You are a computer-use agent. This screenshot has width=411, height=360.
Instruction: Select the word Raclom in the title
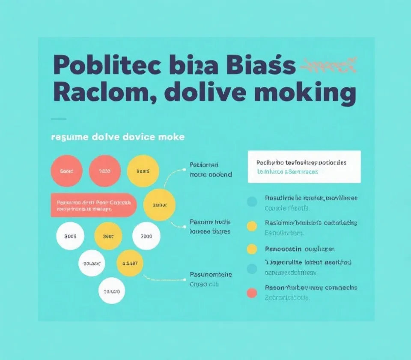[99, 93]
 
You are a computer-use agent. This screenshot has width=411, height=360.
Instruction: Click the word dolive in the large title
[202, 93]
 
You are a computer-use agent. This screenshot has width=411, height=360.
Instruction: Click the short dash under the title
[58, 119]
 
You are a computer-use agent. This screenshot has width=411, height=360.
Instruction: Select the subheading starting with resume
[118, 138]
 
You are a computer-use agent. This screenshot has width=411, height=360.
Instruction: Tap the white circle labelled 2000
[146, 236]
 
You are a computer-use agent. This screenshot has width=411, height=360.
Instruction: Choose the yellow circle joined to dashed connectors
[159, 204]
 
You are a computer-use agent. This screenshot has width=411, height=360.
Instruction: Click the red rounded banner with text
[93, 205]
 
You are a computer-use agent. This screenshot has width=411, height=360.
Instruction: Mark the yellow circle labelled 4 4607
[130, 263]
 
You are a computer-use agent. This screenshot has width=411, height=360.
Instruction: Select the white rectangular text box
[304, 167]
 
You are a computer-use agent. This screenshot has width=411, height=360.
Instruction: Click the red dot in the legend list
[252, 293]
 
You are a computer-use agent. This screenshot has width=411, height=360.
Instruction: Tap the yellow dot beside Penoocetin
[252, 249]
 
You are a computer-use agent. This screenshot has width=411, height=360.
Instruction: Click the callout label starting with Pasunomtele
[211, 279]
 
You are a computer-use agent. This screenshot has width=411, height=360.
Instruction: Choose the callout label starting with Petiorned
[211, 170]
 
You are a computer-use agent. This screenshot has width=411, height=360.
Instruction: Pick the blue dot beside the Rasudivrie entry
[252, 201]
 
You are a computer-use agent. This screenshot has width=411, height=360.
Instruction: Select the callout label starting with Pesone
[210, 227]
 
